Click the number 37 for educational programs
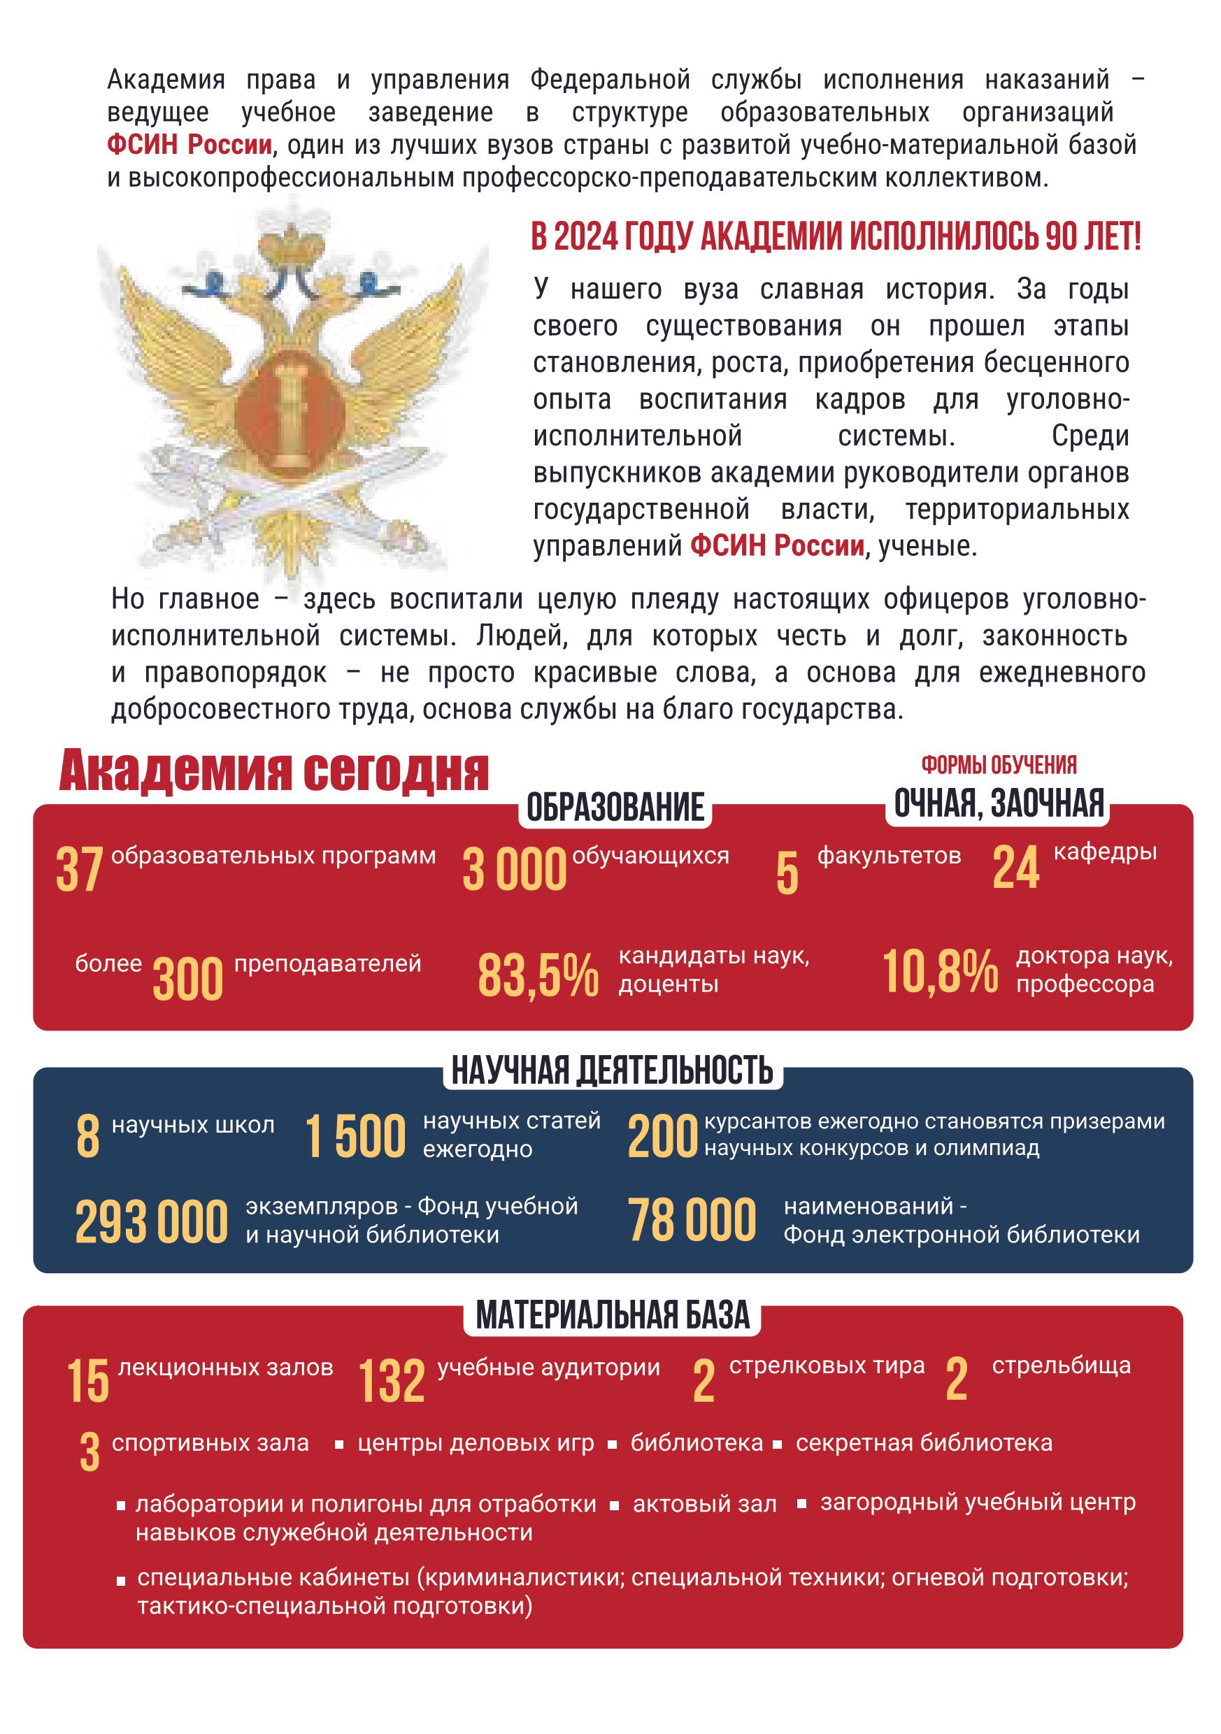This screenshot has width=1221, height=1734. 79,869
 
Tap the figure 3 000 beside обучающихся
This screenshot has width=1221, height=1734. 515,869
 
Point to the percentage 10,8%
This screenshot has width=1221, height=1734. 941,972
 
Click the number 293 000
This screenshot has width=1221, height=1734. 151,1222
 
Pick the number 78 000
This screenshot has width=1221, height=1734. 692,1219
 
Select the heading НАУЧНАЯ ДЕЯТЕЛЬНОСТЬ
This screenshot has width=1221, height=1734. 612,1070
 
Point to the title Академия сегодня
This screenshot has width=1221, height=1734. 273,772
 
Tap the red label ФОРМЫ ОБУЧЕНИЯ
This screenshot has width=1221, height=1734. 998,765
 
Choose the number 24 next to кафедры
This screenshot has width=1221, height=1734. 1015,868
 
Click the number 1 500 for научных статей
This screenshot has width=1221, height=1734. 355,1138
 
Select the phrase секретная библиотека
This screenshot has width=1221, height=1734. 923,1443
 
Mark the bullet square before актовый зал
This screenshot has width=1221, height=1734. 615,1506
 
